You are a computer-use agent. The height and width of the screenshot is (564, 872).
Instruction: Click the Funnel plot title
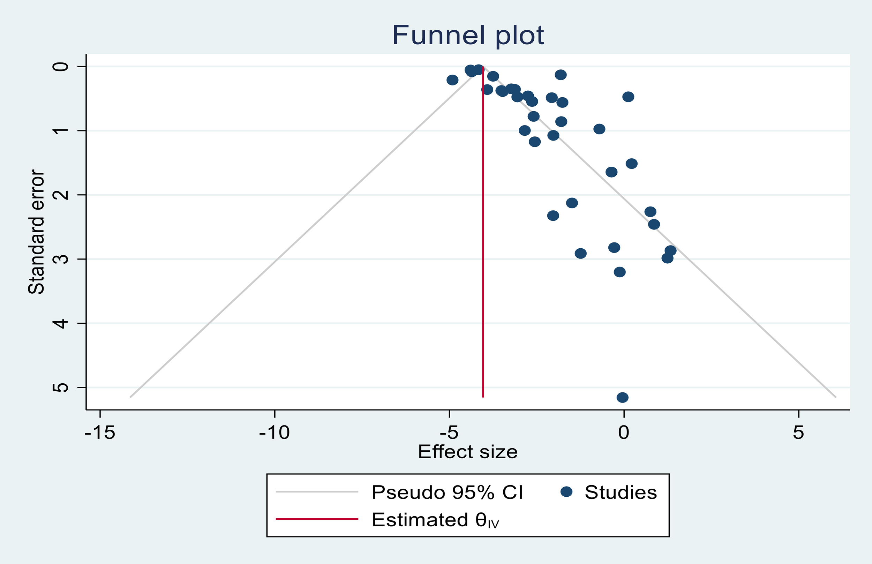(x=468, y=36)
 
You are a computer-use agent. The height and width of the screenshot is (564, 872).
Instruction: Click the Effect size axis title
(x=468, y=452)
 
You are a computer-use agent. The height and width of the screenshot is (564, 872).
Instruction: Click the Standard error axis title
(x=36, y=232)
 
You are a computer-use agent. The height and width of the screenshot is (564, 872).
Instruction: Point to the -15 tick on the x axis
(x=100, y=433)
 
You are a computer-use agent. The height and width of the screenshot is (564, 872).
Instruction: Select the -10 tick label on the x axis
(x=274, y=433)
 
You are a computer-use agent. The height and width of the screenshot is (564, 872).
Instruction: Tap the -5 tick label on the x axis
(x=449, y=433)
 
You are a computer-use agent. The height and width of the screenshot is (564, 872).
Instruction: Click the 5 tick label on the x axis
(x=798, y=433)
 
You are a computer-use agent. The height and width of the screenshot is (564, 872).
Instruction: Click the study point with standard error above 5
(x=623, y=397)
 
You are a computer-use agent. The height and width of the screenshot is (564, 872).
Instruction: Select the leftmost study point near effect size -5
(x=453, y=80)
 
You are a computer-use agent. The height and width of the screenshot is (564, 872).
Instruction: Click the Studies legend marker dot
(x=566, y=492)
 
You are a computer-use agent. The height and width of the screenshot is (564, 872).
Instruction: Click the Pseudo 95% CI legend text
(x=447, y=492)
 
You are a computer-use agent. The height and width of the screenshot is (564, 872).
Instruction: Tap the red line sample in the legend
(x=317, y=519)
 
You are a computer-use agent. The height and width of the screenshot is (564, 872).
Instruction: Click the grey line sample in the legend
(x=317, y=492)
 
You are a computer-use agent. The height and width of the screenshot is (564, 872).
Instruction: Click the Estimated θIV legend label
(x=435, y=520)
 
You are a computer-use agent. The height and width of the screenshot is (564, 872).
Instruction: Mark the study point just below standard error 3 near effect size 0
(x=620, y=272)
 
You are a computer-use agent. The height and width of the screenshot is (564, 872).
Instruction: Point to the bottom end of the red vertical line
(x=483, y=397)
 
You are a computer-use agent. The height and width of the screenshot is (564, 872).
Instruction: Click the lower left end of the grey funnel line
(x=131, y=397)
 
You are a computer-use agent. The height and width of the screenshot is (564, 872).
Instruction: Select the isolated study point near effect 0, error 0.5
(x=628, y=97)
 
